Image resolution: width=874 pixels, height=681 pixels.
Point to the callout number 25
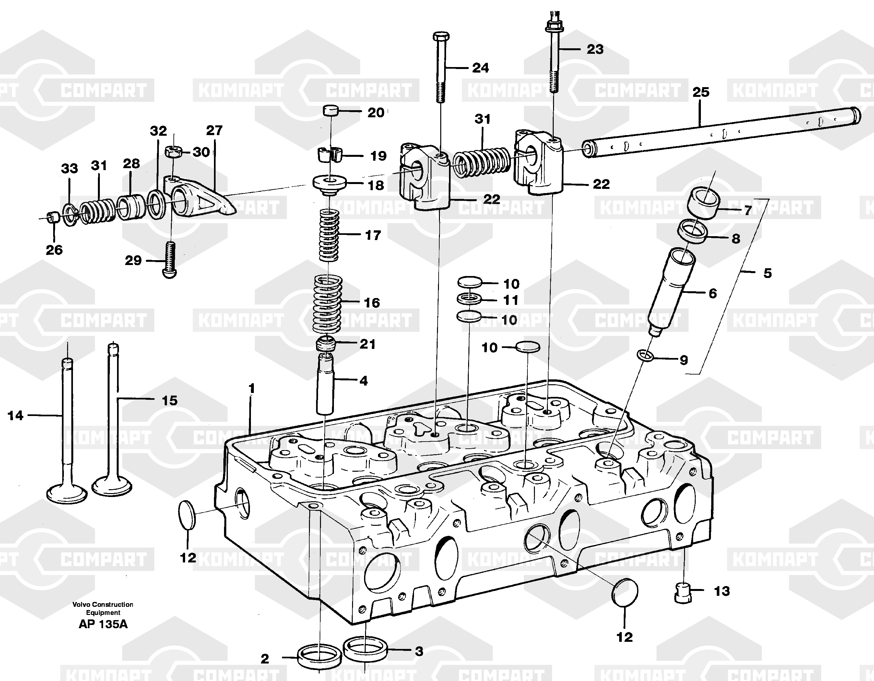click(x=701, y=92)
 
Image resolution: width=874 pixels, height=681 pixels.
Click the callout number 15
click(x=169, y=400)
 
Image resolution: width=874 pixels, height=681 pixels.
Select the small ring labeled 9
click(x=645, y=355)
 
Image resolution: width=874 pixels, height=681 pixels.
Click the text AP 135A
click(x=103, y=624)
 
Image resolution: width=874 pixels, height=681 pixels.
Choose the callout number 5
click(x=767, y=273)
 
